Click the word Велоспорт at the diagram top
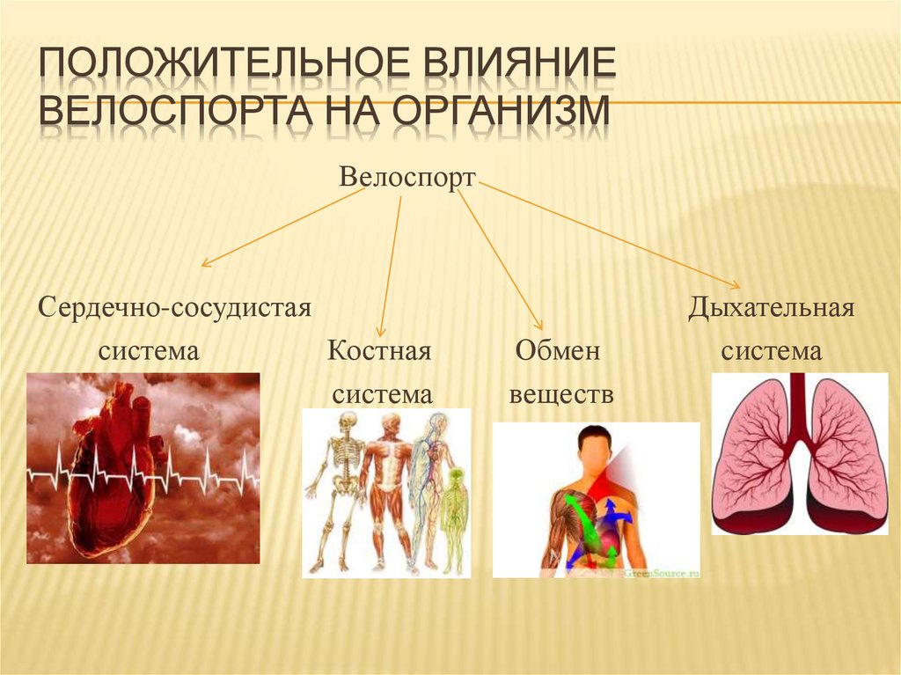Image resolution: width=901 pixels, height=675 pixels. coord(407,179)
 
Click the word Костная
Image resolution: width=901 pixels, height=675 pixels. coord(379,352)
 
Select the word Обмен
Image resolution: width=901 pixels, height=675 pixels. coord(557,352)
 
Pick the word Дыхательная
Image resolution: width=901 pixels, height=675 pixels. coord(772,309)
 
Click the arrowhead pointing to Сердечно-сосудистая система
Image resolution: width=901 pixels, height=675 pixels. coord(206,262)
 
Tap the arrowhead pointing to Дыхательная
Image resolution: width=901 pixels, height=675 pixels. coord(736,283)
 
